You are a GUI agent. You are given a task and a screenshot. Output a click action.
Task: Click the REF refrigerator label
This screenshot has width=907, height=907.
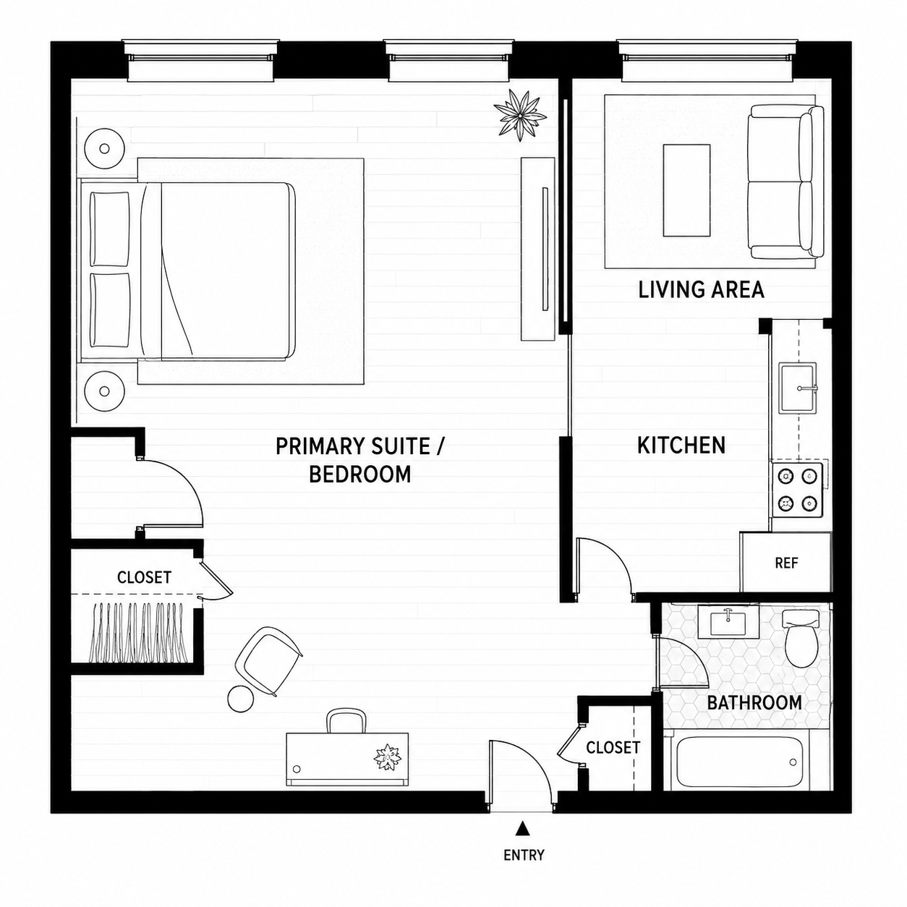(786, 563)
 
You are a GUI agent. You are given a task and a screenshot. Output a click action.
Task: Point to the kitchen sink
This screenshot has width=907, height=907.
(798, 388)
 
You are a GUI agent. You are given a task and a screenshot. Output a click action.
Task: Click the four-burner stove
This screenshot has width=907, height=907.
(797, 490)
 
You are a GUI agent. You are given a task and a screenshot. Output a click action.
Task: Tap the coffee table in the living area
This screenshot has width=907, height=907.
(686, 190)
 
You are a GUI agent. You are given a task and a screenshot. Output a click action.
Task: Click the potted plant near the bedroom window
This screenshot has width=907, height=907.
(519, 114)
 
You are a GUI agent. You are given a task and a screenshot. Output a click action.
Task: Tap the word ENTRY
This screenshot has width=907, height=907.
(524, 855)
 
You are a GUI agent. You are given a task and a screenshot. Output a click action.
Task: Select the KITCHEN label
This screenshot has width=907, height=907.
(681, 446)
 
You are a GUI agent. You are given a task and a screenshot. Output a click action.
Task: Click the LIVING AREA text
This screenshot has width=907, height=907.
(701, 289)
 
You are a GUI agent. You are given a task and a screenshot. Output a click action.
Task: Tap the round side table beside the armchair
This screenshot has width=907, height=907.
(241, 699)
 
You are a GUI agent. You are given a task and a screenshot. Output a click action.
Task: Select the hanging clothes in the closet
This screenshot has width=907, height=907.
(141, 632)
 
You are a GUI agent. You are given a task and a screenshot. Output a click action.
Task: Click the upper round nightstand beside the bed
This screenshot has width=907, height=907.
(104, 149)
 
